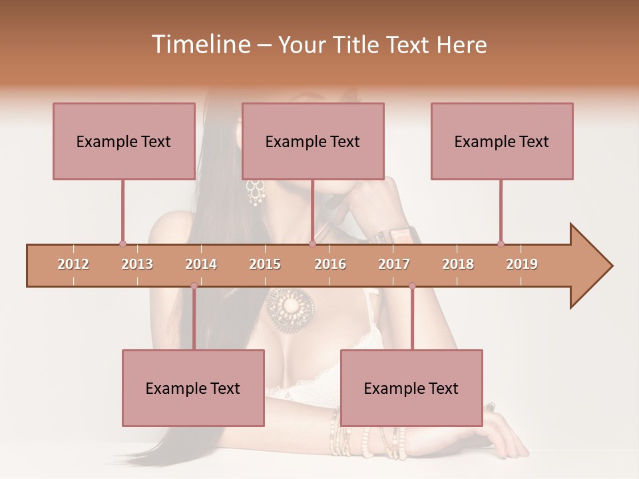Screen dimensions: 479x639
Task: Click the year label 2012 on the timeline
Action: point(73,264)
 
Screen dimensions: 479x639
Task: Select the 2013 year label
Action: point(137,264)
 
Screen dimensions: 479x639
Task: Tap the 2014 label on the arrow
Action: point(201,264)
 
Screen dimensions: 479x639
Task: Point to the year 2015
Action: point(265,264)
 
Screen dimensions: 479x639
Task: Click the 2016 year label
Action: point(330,264)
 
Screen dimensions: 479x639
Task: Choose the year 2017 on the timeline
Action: point(394,264)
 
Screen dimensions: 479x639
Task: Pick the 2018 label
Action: point(458,264)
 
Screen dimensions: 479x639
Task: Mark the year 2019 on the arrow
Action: point(522,264)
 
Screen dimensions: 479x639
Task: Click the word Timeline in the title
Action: point(200,45)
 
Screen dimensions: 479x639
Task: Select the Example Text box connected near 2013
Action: point(124,141)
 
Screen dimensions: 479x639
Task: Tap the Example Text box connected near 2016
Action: point(313,141)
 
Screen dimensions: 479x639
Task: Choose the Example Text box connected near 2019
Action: point(502,141)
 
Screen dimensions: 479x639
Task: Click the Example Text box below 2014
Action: point(193,388)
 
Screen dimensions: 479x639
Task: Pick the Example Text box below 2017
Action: point(411,388)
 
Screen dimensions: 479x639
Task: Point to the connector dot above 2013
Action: point(122,243)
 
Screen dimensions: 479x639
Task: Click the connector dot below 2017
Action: point(412,286)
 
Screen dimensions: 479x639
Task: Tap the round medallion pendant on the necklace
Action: point(290,307)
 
